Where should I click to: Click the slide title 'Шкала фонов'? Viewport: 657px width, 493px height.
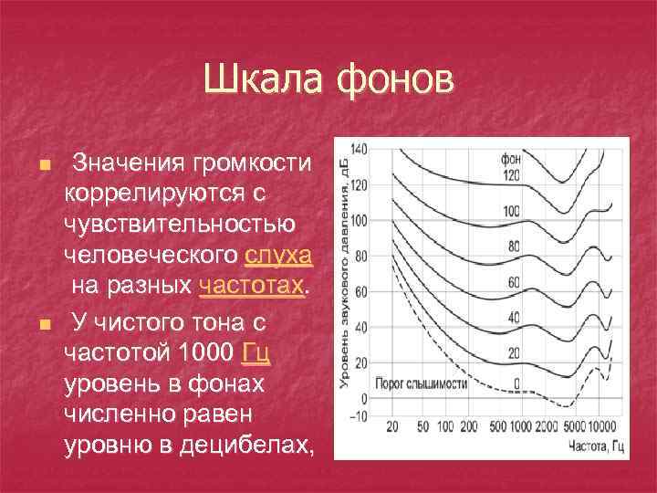click(x=328, y=79)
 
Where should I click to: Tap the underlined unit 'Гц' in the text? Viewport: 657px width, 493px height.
click(x=255, y=352)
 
